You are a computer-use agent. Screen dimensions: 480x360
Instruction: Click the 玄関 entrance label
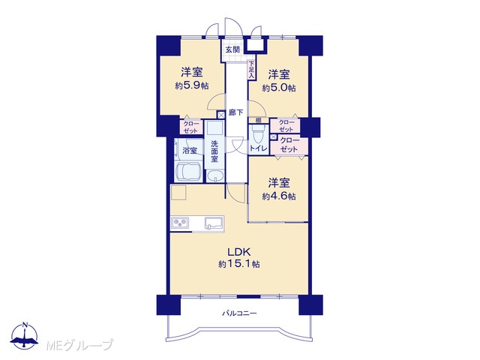tap(232, 49)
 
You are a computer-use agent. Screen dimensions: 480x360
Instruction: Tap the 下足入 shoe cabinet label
tap(251, 70)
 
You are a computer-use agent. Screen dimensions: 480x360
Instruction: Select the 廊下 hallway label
tap(235, 112)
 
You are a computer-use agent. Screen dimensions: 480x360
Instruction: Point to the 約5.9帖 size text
tap(192, 86)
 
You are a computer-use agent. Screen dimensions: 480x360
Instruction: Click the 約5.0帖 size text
tap(279, 88)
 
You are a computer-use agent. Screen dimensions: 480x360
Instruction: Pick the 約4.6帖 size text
tap(279, 196)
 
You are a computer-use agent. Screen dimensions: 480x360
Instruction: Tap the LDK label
tap(239, 252)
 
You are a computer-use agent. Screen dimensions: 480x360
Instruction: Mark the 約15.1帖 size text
tap(239, 264)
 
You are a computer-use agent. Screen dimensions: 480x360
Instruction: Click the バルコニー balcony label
tap(239, 313)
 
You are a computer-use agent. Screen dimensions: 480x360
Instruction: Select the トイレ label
tap(259, 148)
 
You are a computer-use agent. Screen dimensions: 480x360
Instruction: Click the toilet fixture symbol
tap(256, 134)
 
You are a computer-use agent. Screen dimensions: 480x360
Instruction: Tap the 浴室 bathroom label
tap(190, 151)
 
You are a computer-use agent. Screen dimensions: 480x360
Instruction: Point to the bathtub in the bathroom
tap(188, 172)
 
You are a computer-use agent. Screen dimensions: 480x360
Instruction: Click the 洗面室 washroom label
tap(214, 151)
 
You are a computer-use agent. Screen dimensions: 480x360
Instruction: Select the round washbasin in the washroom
tap(215, 176)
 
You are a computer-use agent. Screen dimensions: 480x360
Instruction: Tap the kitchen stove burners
tap(180, 223)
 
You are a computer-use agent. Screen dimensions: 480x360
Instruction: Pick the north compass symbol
tap(25, 336)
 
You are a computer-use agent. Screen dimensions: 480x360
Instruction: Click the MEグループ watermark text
tap(80, 345)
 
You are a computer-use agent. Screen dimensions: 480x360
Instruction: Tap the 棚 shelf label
tap(258, 120)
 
